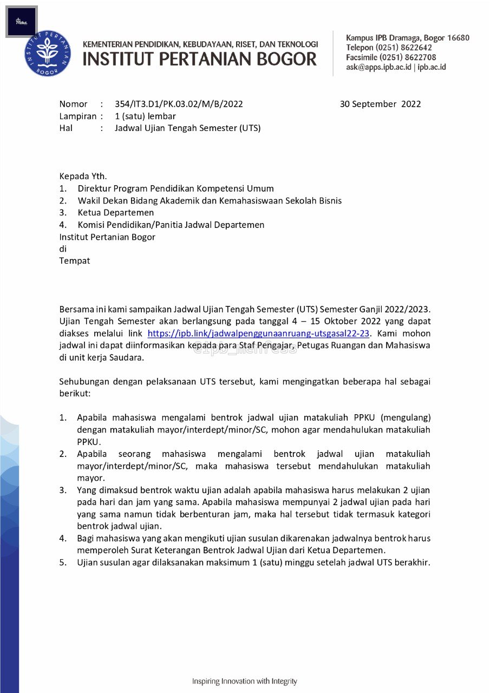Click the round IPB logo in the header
pyautogui.click(x=48, y=53)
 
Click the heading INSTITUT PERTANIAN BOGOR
pyautogui.click(x=199, y=59)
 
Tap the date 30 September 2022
pyautogui.click(x=380, y=104)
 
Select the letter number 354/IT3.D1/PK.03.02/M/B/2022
pyautogui.click(x=179, y=104)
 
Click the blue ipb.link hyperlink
pyautogui.click(x=258, y=334)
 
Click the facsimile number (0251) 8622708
pyautogui.click(x=407, y=57)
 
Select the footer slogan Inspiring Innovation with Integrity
pyautogui.click(x=245, y=681)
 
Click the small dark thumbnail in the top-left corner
pyautogui.click(x=22, y=22)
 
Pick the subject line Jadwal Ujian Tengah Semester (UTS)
pyautogui.click(x=187, y=128)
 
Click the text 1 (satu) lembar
pyautogui.click(x=145, y=116)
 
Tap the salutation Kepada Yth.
pyautogui.click(x=83, y=176)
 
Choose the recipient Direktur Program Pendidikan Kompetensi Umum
pyautogui.click(x=175, y=188)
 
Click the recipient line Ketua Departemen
pyautogui.click(x=115, y=212)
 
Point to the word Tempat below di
pyautogui.click(x=74, y=260)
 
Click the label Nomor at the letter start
pyautogui.click(x=73, y=104)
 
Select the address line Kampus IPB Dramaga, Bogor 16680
pyautogui.click(x=408, y=38)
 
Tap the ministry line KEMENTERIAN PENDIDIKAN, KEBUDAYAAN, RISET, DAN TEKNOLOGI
pyautogui.click(x=200, y=44)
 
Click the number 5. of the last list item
pyautogui.click(x=63, y=562)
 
